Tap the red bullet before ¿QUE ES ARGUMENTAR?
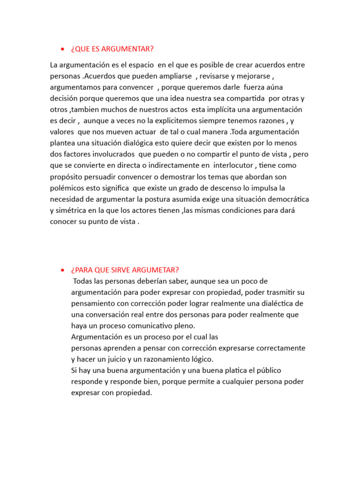point(62,50)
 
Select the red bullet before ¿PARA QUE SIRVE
point(62,270)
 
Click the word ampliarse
point(175,76)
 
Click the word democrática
point(285,200)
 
